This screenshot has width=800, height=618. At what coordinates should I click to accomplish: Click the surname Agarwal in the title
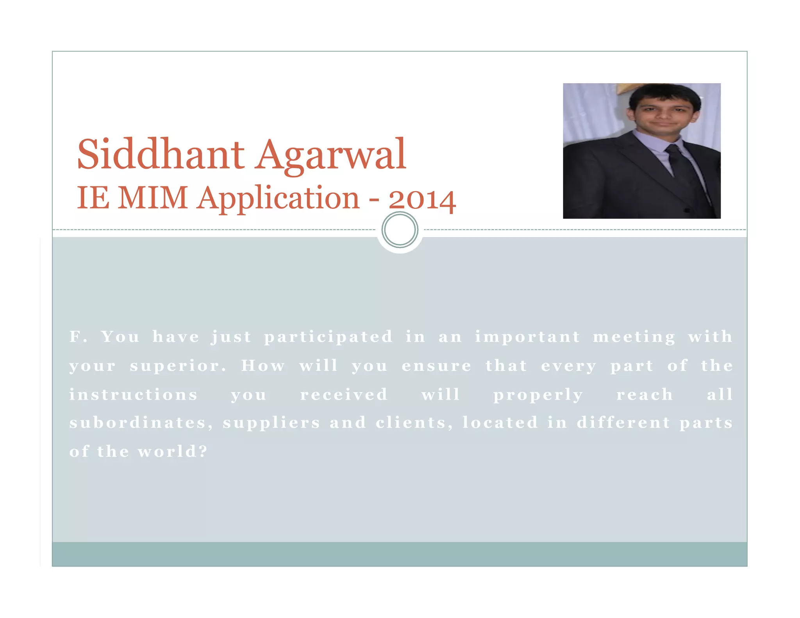pos(332,155)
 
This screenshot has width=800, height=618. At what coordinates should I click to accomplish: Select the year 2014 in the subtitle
pos(422,200)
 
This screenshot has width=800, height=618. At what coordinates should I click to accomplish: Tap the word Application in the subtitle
pos(278,199)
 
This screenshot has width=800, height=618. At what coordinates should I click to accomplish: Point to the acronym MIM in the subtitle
pos(153,198)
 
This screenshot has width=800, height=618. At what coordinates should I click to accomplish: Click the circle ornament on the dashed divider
pos(400,230)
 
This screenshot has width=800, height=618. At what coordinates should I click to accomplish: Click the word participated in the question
pos(328,337)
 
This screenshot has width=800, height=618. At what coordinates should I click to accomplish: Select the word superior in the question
pos(178,366)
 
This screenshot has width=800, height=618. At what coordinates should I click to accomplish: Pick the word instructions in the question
pos(134,395)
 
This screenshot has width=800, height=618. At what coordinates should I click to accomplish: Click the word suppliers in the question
pos(271,423)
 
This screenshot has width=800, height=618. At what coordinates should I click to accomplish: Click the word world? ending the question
pos(172,452)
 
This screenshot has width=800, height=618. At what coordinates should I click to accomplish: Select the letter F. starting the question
pos(79,337)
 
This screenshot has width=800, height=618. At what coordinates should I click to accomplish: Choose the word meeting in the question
pos(634,337)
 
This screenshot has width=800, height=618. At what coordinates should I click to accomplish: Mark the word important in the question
pos(527,337)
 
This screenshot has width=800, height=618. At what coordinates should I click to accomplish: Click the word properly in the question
pos(538,395)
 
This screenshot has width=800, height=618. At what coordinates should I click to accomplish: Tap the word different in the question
pos(623,423)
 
